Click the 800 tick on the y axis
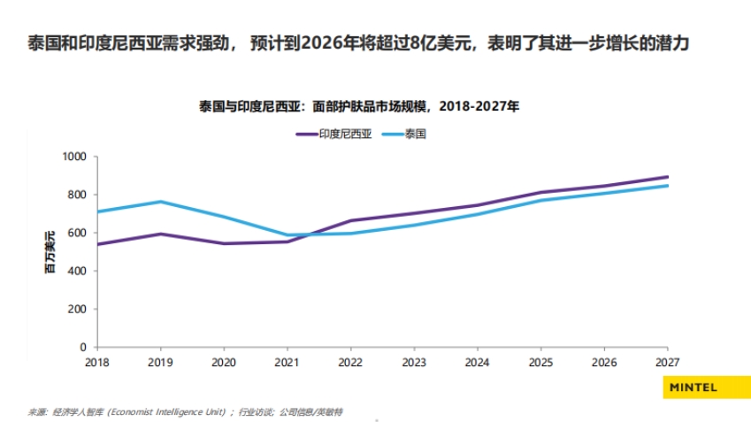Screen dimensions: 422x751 click(x=77, y=195)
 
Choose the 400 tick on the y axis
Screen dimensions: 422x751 click(x=77, y=271)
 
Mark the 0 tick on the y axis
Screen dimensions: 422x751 click(x=82, y=347)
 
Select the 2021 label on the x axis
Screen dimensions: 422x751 click(x=287, y=362)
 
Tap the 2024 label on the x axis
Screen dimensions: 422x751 click(x=478, y=362)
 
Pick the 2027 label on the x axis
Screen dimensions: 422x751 click(x=668, y=362)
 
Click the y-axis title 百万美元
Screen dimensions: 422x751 click(x=50, y=251)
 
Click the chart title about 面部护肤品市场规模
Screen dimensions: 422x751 click(x=358, y=106)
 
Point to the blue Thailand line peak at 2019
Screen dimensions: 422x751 click(x=159, y=202)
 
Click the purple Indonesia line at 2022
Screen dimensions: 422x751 click(x=350, y=220)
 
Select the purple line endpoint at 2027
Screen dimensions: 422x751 click(x=668, y=177)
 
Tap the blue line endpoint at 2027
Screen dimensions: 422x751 click(x=668, y=186)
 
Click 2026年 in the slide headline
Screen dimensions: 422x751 click(x=321, y=43)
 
